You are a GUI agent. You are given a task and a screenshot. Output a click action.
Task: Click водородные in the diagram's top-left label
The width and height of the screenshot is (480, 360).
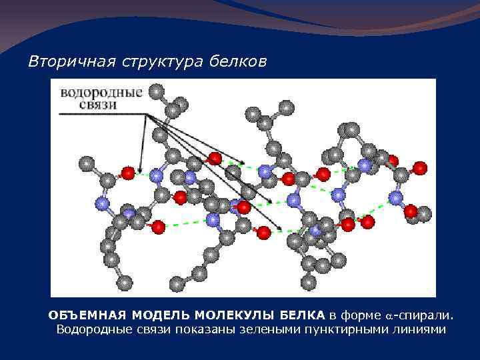tap(101, 92)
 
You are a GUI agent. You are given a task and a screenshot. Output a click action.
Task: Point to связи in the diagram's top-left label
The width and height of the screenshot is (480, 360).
tap(79, 105)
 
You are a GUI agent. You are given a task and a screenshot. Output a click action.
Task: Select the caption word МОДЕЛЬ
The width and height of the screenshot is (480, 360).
tap(157, 315)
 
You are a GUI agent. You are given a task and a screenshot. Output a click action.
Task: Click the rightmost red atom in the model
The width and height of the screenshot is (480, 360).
tap(420, 169)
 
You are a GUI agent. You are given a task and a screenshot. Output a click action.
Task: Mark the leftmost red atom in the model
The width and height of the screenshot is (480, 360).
tap(127, 173)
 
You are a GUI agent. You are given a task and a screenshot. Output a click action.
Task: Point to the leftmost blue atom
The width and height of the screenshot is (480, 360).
tap(102, 203)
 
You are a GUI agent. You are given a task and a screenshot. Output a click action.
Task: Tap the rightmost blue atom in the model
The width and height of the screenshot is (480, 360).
tap(396, 197)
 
